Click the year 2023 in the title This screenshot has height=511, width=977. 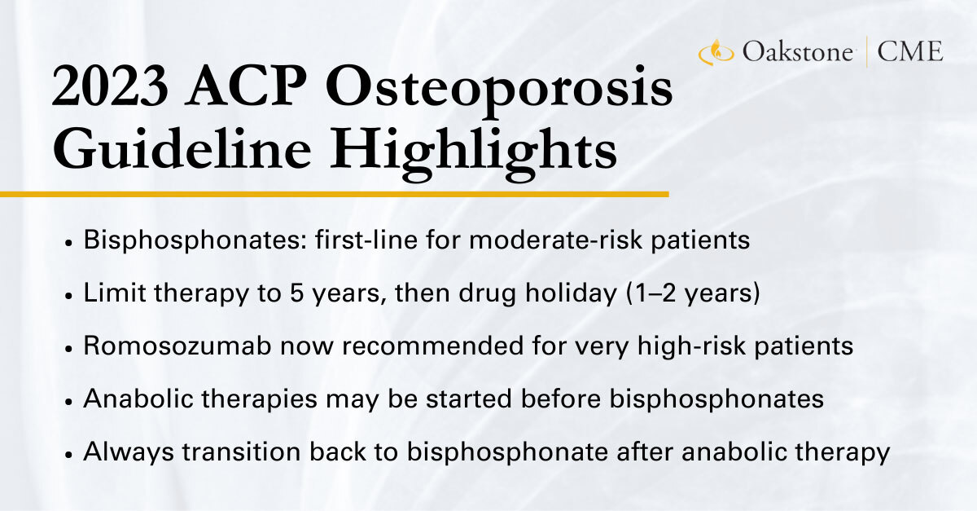[x=110, y=86]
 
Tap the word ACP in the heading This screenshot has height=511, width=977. [x=245, y=86]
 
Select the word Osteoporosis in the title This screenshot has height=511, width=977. [x=499, y=92]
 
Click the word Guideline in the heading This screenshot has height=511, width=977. [x=182, y=148]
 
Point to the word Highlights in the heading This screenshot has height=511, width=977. [x=474, y=154]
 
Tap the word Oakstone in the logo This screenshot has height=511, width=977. [x=797, y=51]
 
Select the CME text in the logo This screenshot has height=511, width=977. [x=910, y=51]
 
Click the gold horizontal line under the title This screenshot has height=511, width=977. [x=334, y=194]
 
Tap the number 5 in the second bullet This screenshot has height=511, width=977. [x=296, y=293]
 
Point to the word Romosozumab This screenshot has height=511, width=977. [x=177, y=346]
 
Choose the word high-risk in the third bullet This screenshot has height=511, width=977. [x=691, y=346]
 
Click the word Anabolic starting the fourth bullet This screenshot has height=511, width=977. [x=138, y=399]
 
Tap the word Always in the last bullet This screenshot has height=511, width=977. [x=129, y=452]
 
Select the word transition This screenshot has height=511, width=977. [x=242, y=452]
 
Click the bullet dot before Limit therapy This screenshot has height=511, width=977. [x=68, y=296]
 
